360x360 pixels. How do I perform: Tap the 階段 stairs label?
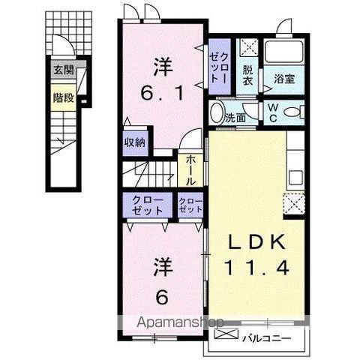(x=64, y=97)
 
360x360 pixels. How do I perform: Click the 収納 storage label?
(x=135, y=142)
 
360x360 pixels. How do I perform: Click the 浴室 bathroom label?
(x=284, y=78)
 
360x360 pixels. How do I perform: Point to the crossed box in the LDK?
(x=293, y=203)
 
